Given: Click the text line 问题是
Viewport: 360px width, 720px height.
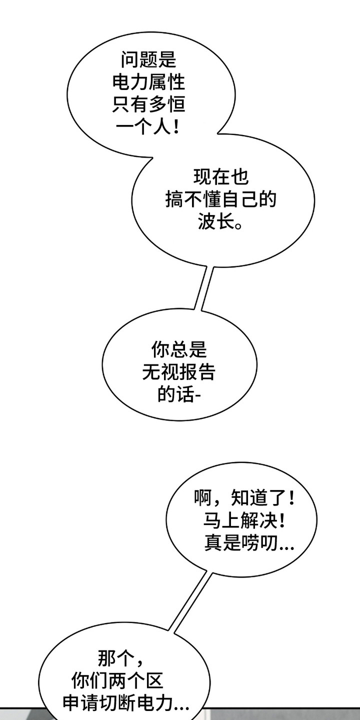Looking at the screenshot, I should click(x=148, y=60).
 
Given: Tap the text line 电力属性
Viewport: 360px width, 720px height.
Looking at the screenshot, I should click(x=148, y=82).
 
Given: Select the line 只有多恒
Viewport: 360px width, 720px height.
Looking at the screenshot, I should click(x=148, y=104).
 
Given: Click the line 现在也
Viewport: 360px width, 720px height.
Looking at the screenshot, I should click(x=220, y=177).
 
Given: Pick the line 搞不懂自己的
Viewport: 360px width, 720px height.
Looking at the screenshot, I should click(x=220, y=199).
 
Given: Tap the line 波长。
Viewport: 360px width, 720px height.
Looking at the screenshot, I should click(x=220, y=222).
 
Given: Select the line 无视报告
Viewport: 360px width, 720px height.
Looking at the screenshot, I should click(x=179, y=372).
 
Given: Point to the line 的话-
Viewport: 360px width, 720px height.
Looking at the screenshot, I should click(x=179, y=395).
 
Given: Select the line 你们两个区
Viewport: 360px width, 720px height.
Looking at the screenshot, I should click(x=117, y=681).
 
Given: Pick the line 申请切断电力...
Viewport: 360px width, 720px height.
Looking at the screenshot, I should click(x=126, y=704).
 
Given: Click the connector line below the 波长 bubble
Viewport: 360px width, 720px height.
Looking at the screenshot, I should click(x=202, y=287).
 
